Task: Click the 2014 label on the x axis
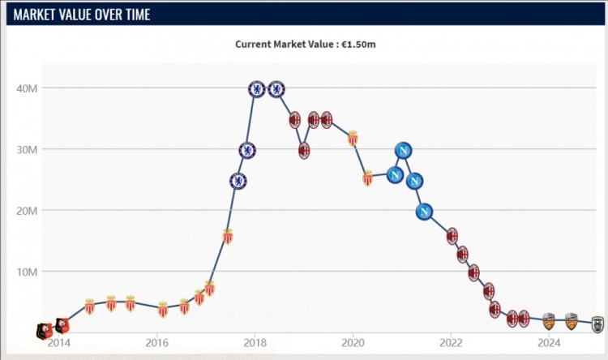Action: (59, 341)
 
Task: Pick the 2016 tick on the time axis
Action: (157, 341)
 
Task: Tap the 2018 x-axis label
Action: (255, 341)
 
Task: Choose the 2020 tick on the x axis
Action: (353, 341)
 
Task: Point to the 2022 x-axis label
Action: (451, 341)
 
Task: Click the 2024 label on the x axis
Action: (549, 341)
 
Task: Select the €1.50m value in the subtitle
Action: (358, 44)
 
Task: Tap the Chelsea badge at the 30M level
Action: (247, 150)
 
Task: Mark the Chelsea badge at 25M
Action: (238, 181)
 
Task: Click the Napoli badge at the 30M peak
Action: (404, 150)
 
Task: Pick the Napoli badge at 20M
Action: (424, 212)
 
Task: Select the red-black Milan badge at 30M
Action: (304, 150)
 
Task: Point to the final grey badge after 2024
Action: (597, 323)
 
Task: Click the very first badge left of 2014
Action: (42, 330)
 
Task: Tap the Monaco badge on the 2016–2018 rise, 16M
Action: (228, 236)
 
